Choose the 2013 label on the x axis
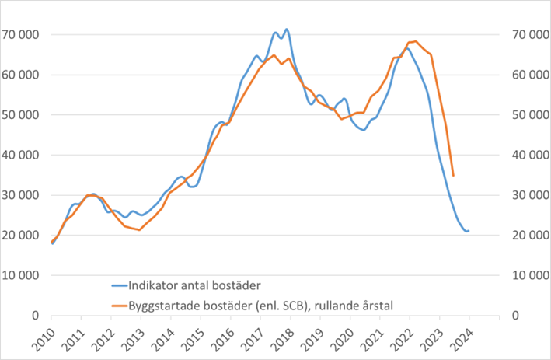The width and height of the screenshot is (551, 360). pyautogui.click(x=134, y=336)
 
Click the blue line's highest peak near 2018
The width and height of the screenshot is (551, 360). pyautogui.click(x=287, y=30)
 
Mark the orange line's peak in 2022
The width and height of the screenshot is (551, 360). pyautogui.click(x=416, y=41)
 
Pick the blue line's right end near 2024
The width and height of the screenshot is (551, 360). pyautogui.click(x=468, y=231)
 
